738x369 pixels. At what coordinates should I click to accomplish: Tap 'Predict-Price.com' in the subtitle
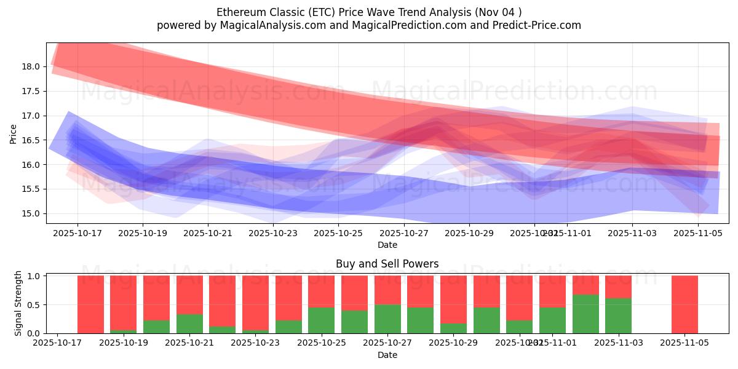point(537,25)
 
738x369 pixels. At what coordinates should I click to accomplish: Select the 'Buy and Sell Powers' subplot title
point(387,264)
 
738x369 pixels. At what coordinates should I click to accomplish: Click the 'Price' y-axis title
point(14,133)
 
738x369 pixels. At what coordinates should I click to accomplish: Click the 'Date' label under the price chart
point(387,245)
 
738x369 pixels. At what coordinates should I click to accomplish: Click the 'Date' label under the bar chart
point(387,355)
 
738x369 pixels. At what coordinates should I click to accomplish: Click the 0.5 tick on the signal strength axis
point(34,304)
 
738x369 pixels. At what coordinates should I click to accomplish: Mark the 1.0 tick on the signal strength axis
point(34,276)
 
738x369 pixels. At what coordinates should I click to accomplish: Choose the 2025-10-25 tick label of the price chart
point(338,233)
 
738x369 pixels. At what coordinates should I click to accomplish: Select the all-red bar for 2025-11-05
point(684,304)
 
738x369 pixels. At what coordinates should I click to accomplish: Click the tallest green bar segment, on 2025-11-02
point(585,314)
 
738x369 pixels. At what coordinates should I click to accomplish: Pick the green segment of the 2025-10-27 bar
point(387,319)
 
